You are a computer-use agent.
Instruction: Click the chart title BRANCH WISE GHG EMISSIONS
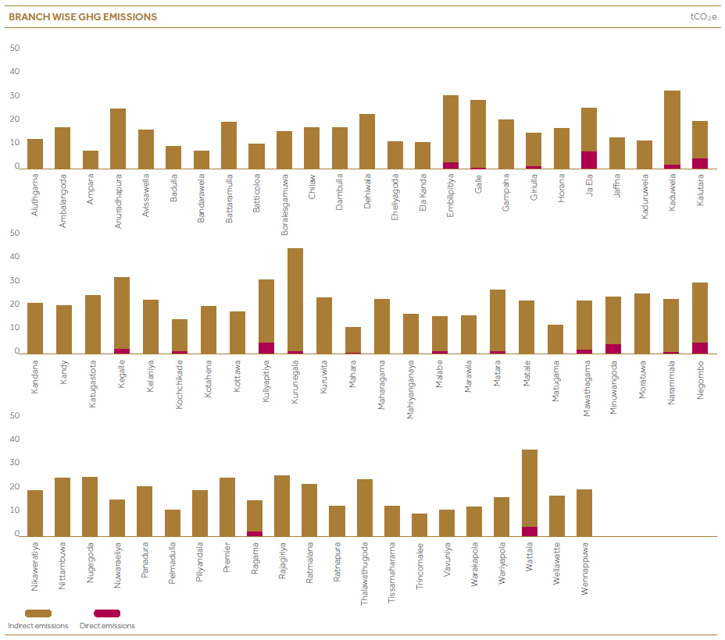tap(83, 17)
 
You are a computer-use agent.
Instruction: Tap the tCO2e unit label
tap(704, 17)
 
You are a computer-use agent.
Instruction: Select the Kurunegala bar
tap(295, 300)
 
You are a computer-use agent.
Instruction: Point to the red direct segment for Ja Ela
tap(589, 160)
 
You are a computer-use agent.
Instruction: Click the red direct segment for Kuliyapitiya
tap(266, 348)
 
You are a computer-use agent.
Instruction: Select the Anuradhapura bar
tap(118, 138)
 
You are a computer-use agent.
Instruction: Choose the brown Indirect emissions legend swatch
tap(38, 613)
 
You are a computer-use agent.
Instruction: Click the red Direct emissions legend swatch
tap(107, 613)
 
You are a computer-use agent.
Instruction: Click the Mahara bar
tap(353, 340)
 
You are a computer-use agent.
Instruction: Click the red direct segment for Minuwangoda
tap(613, 349)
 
